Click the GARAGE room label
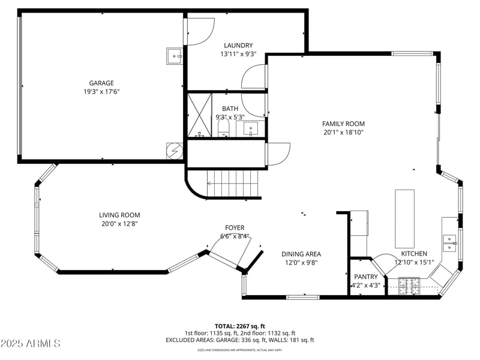pyautogui.click(x=101, y=83)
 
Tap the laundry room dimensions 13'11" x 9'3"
pyautogui.click(x=238, y=54)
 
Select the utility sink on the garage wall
pyautogui.click(x=175, y=56)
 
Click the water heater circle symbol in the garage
pyautogui.click(x=174, y=151)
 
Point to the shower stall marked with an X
pyautogui.click(x=200, y=115)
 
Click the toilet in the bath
pyautogui.click(x=223, y=128)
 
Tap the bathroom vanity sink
pyautogui.click(x=250, y=128)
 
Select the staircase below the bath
pyautogui.click(x=234, y=183)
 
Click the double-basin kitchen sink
pyautogui.click(x=449, y=243)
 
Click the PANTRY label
pyautogui.click(x=365, y=277)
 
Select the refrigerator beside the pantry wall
pyautogui.click(x=359, y=224)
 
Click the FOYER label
pyautogui.click(x=234, y=227)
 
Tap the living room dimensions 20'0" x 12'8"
pyautogui.click(x=119, y=224)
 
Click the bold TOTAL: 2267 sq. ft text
pyautogui.click(x=239, y=326)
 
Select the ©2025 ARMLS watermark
pyautogui.click(x=31, y=344)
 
